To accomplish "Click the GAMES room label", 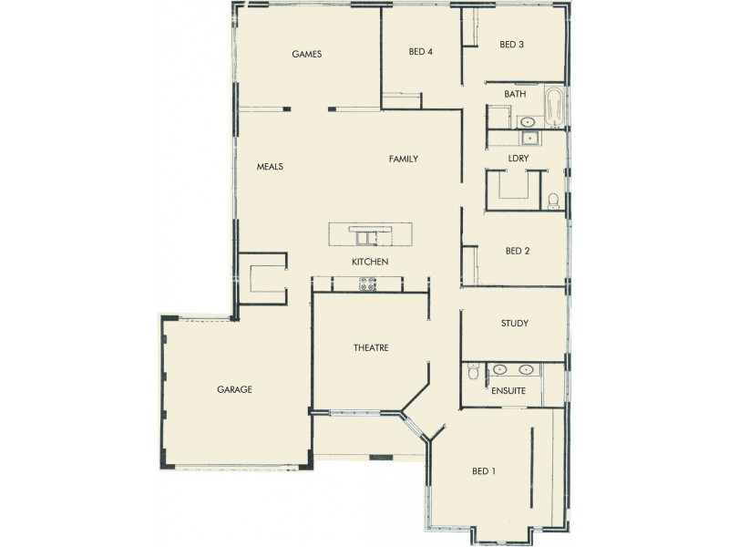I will tap(306, 54).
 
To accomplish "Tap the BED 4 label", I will tap(420, 52).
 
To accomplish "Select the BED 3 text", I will tap(511, 45).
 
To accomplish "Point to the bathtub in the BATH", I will tap(553, 107).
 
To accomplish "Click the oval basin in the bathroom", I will tap(527, 121).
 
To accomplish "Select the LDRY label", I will tap(519, 159).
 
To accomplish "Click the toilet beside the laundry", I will tap(553, 201).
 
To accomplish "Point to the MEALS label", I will tap(270, 167).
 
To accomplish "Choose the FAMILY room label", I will tap(403, 159).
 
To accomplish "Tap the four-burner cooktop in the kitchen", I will tap(369, 285).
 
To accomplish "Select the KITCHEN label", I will tap(370, 263).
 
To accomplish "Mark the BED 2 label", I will tap(517, 251).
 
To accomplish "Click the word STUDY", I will tap(514, 324).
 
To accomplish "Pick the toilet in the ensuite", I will tap(472, 371).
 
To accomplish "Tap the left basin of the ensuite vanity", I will tap(499, 370).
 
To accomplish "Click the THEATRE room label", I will tap(371, 347).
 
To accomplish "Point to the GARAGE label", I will tap(234, 389).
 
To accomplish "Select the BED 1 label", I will tap(484, 471).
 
